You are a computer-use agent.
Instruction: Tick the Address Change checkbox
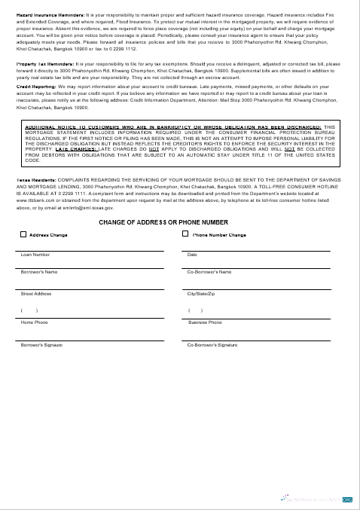(23, 234)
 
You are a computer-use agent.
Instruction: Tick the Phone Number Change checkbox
(185, 234)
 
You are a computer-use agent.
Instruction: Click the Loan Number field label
(35, 255)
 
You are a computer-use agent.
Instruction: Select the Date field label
(192, 255)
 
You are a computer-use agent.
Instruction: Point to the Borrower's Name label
(39, 271)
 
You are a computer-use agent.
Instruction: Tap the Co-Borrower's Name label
(209, 271)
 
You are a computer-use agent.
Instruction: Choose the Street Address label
(36, 293)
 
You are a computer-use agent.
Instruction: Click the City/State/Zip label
(201, 293)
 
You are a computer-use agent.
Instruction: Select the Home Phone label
(34, 322)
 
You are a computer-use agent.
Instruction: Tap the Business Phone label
(205, 322)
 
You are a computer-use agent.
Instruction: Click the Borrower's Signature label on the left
(41, 344)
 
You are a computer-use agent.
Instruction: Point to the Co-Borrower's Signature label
(212, 344)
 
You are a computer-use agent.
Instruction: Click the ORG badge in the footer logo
(347, 499)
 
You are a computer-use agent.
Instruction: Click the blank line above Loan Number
(91, 249)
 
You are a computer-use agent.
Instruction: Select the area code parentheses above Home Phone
(29, 310)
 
